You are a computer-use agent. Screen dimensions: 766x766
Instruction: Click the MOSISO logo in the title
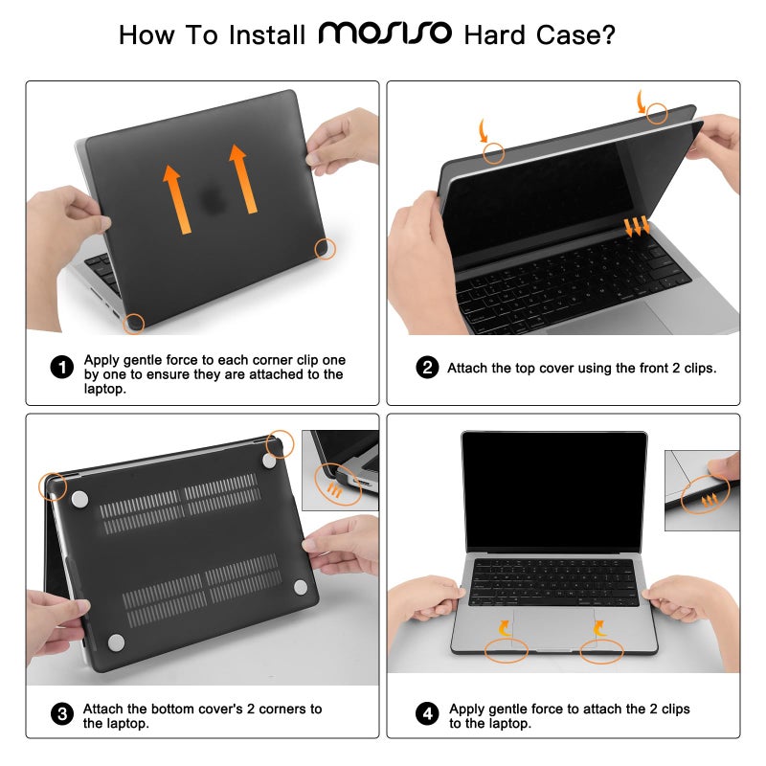tap(384, 34)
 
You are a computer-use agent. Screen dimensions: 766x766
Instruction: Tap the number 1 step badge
tap(61, 368)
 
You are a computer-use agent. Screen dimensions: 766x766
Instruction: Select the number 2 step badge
tap(427, 368)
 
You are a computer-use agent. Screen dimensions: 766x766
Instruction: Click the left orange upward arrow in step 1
tap(174, 199)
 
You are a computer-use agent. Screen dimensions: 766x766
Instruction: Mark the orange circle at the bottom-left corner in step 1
tap(134, 324)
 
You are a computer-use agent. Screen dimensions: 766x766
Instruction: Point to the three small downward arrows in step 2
tap(637, 227)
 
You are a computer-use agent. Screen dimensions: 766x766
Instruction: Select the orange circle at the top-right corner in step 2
tap(657, 113)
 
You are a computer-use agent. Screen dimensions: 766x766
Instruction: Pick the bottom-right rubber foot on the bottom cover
tap(300, 587)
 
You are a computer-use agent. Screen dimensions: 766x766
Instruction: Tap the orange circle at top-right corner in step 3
tap(281, 443)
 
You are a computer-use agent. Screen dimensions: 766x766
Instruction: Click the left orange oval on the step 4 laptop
tap(506, 651)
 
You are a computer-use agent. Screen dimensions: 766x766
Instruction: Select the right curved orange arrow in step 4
tap(598, 628)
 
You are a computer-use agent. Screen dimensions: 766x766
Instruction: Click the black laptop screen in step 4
tap(553, 490)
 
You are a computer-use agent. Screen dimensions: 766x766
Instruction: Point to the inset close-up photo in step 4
tap(702, 479)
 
